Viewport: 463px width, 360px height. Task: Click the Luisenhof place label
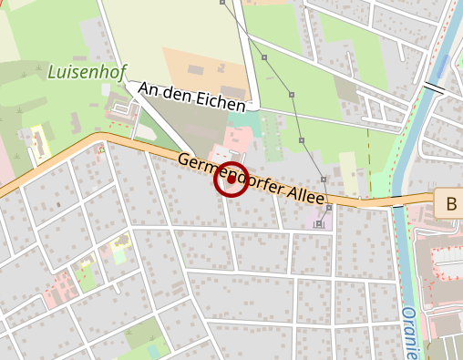click(87, 71)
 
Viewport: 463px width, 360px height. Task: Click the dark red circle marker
click(231, 180)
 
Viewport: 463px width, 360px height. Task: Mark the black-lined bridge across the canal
click(434, 88)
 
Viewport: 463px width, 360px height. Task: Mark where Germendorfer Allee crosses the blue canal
click(396, 201)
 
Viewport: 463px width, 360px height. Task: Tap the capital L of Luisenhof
click(53, 70)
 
